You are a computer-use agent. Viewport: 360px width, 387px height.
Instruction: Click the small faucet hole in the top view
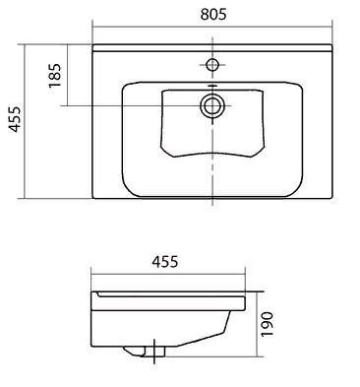point(210,66)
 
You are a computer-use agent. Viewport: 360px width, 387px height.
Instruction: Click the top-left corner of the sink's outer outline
point(91,43)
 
